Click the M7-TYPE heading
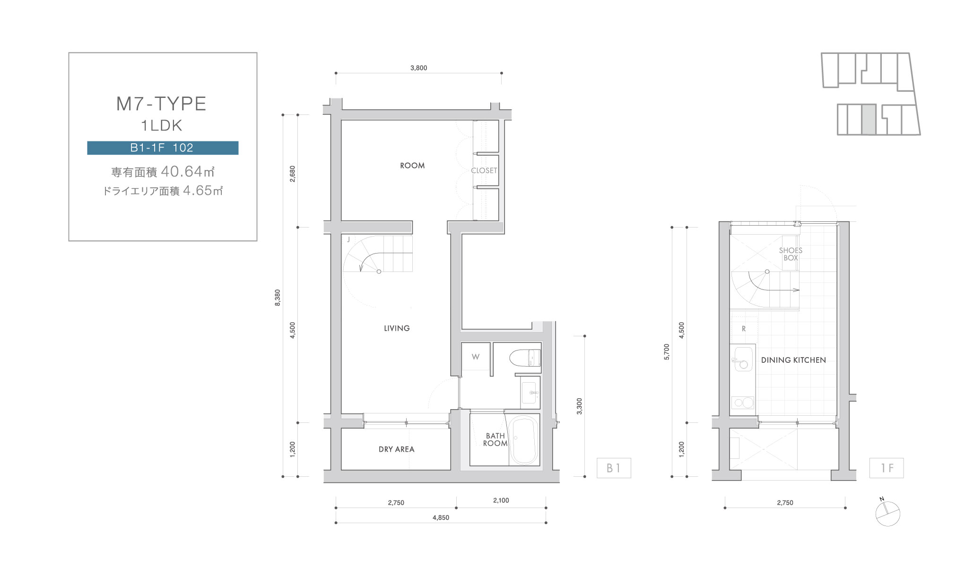(161, 104)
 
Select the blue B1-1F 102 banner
(163, 148)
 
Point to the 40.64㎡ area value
(188, 171)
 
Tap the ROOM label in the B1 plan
(412, 166)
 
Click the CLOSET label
(484, 170)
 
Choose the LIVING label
(397, 328)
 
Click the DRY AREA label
(396, 449)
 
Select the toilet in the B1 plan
(525, 358)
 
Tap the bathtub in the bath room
(524, 440)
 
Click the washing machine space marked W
(476, 357)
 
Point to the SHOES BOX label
(791, 254)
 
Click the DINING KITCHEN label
(793, 360)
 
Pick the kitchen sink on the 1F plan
(743, 359)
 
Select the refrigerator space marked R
(744, 328)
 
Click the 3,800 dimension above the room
(418, 68)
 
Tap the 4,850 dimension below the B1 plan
(441, 517)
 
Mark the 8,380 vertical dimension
(278, 298)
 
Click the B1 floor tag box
(614, 468)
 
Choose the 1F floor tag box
(887, 468)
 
